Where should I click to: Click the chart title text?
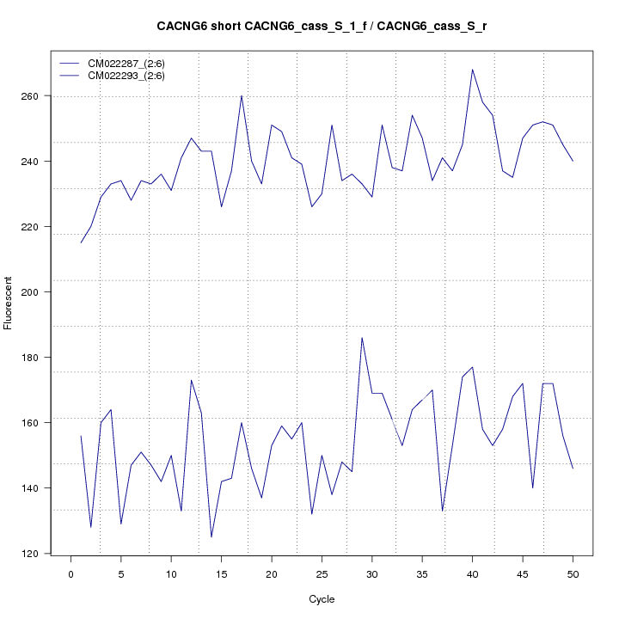322,27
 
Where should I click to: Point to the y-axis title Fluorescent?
9,303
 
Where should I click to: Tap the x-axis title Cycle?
322,599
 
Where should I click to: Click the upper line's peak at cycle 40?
472,70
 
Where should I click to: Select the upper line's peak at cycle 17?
242,95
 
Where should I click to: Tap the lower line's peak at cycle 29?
362,338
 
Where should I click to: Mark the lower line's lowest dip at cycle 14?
211,537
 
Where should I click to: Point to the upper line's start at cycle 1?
81,242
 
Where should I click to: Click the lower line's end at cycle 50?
573,469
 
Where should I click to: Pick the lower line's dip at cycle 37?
442,511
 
